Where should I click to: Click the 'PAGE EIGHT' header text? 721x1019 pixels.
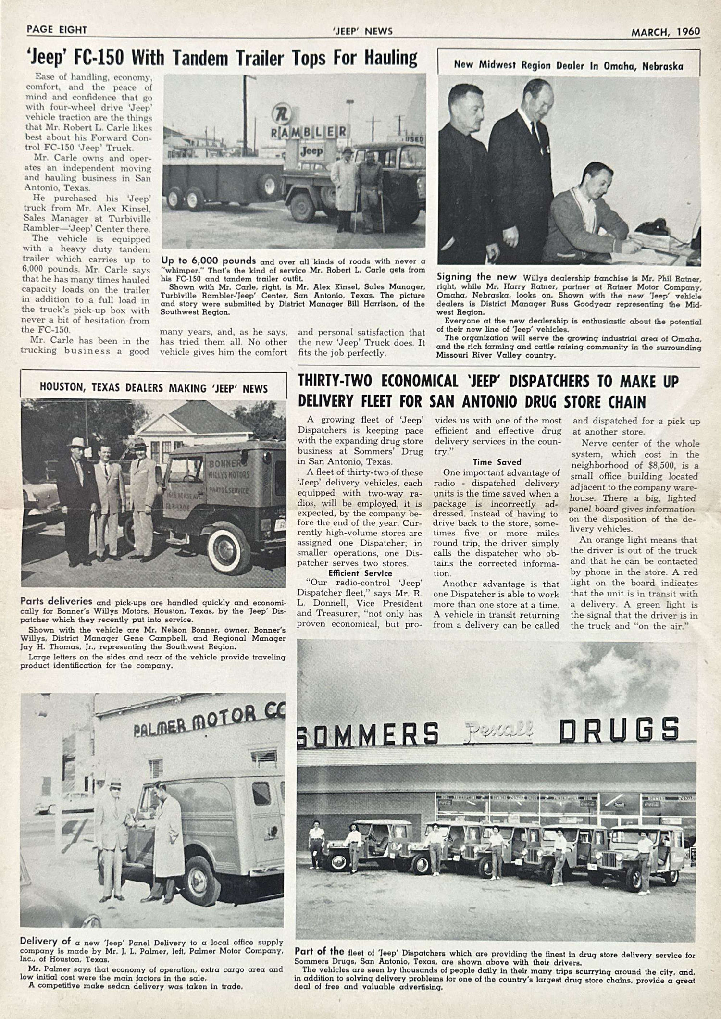point(57,30)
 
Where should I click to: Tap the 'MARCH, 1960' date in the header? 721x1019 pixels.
point(665,32)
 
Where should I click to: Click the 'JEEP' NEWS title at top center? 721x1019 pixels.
point(362,31)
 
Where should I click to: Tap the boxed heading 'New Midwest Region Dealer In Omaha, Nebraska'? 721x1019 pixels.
point(568,66)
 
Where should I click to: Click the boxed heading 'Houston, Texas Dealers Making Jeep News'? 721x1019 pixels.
point(153,388)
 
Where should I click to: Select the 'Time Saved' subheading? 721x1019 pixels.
point(496,462)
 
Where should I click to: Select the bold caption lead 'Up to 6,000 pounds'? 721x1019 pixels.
point(209,261)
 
